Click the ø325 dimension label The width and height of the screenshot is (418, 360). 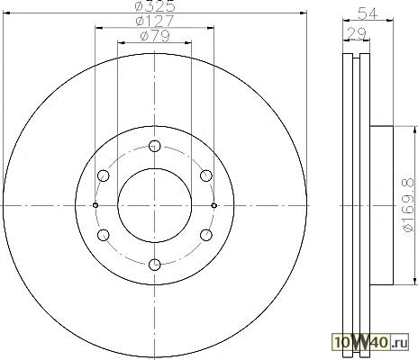155,6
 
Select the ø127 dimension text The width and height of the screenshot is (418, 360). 155,21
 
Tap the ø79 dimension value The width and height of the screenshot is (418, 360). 155,36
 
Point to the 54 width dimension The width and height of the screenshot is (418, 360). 368,13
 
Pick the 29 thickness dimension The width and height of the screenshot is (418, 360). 357,33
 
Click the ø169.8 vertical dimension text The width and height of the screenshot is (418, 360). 408,205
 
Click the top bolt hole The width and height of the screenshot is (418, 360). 155,146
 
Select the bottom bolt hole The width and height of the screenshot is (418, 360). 155,265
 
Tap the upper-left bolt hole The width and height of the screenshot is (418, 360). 104,175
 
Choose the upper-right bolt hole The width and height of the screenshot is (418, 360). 206,175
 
